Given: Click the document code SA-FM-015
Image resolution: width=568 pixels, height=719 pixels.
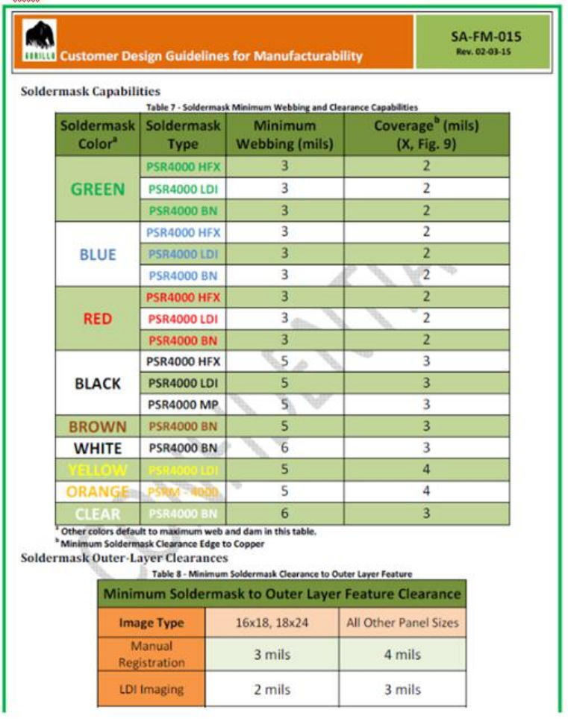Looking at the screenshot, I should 486,37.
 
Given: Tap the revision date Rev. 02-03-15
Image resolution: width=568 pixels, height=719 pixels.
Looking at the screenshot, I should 486,52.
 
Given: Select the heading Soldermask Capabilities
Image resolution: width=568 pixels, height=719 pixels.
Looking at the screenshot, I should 90,92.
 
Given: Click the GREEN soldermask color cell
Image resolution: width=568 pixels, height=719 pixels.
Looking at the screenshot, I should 98,190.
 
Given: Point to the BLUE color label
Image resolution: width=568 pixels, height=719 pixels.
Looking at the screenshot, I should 98,255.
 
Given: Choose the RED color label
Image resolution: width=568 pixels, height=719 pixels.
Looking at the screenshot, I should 98,319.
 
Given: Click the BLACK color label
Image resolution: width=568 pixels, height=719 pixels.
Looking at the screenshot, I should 98,384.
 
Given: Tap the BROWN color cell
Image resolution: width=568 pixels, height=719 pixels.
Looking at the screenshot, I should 98,427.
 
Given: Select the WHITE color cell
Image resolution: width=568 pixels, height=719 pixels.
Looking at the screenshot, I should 98,449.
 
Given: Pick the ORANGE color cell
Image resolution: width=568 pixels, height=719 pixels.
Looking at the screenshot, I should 98,492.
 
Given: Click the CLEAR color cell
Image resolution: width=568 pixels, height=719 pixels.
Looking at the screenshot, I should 98,514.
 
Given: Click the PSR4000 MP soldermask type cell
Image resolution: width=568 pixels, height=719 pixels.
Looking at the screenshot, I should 183,405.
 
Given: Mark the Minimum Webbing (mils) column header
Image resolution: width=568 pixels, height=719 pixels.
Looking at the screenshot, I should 284,134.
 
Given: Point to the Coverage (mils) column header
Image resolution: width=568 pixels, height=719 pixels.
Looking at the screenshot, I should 426,134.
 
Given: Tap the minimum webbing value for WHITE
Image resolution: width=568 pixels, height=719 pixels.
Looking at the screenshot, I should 284,449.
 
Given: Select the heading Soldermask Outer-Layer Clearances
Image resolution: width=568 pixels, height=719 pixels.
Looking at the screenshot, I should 124,558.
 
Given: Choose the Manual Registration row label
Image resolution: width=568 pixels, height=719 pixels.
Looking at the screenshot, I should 152,654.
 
